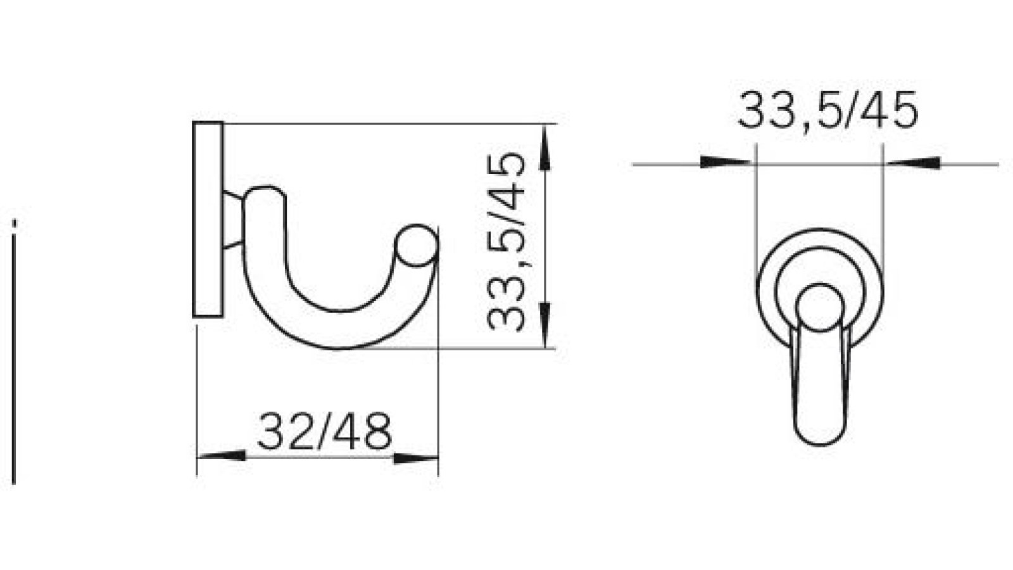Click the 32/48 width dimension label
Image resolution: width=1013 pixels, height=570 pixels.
(324, 432)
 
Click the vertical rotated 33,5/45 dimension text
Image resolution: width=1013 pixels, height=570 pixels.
(507, 241)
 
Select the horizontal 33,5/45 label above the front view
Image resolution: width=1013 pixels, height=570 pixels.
(827, 111)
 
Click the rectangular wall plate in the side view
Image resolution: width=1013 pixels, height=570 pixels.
(208, 218)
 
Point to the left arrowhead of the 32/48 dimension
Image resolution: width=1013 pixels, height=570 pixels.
(222, 456)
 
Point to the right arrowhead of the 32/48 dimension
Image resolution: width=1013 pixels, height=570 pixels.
(415, 458)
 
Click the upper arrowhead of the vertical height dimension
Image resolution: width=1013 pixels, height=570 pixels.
(546, 148)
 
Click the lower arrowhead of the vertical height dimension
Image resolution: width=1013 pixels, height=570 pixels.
(546, 323)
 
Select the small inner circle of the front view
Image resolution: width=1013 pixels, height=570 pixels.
(821, 307)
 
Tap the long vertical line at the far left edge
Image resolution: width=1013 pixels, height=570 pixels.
(14, 355)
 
